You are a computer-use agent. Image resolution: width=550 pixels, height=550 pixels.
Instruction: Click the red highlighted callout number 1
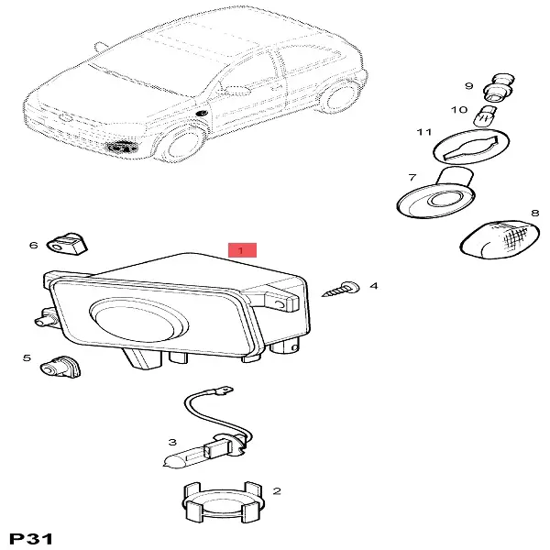pyautogui.click(x=242, y=250)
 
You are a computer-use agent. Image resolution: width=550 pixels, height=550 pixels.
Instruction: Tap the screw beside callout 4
pyautogui.click(x=341, y=290)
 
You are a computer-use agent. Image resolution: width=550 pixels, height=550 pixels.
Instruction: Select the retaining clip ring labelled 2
pyautogui.click(x=223, y=501)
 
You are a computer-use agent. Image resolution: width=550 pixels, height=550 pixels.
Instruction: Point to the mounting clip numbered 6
pyautogui.click(x=67, y=243)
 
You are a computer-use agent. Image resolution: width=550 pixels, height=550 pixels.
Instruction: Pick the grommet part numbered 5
pyautogui.click(x=60, y=367)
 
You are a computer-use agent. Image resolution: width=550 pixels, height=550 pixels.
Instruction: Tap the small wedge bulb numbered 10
pyautogui.click(x=484, y=116)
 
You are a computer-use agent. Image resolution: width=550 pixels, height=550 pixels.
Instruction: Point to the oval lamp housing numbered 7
pyautogui.click(x=436, y=196)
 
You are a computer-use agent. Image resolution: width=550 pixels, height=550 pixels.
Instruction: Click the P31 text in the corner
pyautogui.click(x=31, y=538)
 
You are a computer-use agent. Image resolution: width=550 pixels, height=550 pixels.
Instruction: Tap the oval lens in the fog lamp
pyautogui.click(x=138, y=319)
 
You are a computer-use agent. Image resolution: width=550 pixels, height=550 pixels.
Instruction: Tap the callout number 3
pyautogui.click(x=172, y=442)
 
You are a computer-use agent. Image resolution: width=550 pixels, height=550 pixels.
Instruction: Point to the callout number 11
pyautogui.click(x=423, y=132)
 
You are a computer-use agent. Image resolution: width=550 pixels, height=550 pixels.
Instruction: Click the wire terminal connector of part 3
pyautogui.click(x=225, y=390)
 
